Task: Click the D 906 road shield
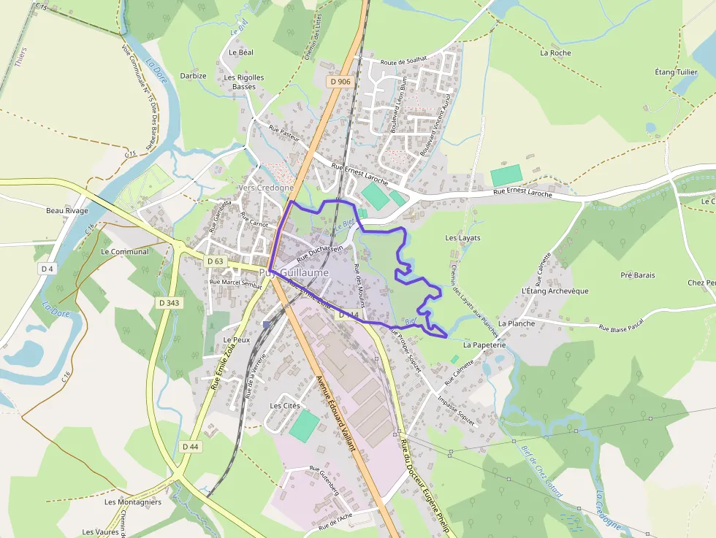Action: click(x=340, y=82)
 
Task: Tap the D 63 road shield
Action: click(x=215, y=261)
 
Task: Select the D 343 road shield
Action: click(x=169, y=302)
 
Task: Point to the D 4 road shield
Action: click(x=47, y=269)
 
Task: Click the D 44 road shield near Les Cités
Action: click(x=190, y=446)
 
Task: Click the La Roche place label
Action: click(x=555, y=53)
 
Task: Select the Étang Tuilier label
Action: click(x=676, y=72)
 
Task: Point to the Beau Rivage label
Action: click(x=66, y=211)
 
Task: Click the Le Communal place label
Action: click(x=124, y=252)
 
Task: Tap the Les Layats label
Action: click(x=462, y=238)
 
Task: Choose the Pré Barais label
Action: click(x=637, y=275)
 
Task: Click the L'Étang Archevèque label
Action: click(x=555, y=291)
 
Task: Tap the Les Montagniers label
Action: click(x=132, y=502)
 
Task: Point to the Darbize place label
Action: click(x=193, y=76)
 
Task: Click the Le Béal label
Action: click(x=241, y=53)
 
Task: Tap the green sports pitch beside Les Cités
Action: click(x=304, y=426)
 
